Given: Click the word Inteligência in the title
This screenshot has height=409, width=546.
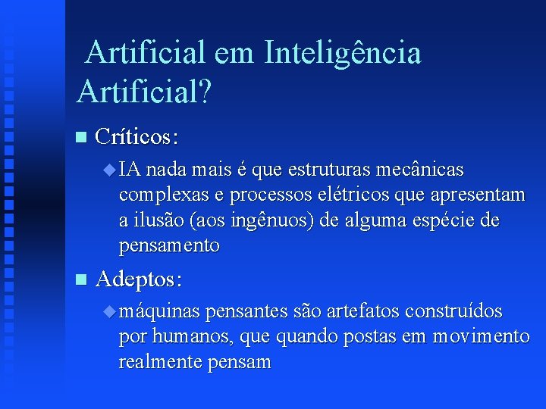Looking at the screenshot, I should [x=342, y=53].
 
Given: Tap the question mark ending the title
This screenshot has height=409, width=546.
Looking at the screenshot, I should [x=205, y=91].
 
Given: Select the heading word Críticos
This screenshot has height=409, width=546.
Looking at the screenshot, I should [x=137, y=137].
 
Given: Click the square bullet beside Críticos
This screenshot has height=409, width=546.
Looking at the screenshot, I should [x=81, y=137].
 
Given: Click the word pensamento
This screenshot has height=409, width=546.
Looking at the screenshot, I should [x=169, y=246].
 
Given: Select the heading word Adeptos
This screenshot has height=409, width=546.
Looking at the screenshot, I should [x=139, y=279].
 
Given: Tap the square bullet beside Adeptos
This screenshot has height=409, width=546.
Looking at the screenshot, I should [x=81, y=279].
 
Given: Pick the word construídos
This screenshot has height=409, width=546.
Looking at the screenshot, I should [x=453, y=311].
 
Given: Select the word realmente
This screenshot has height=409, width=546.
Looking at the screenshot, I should [x=161, y=362].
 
